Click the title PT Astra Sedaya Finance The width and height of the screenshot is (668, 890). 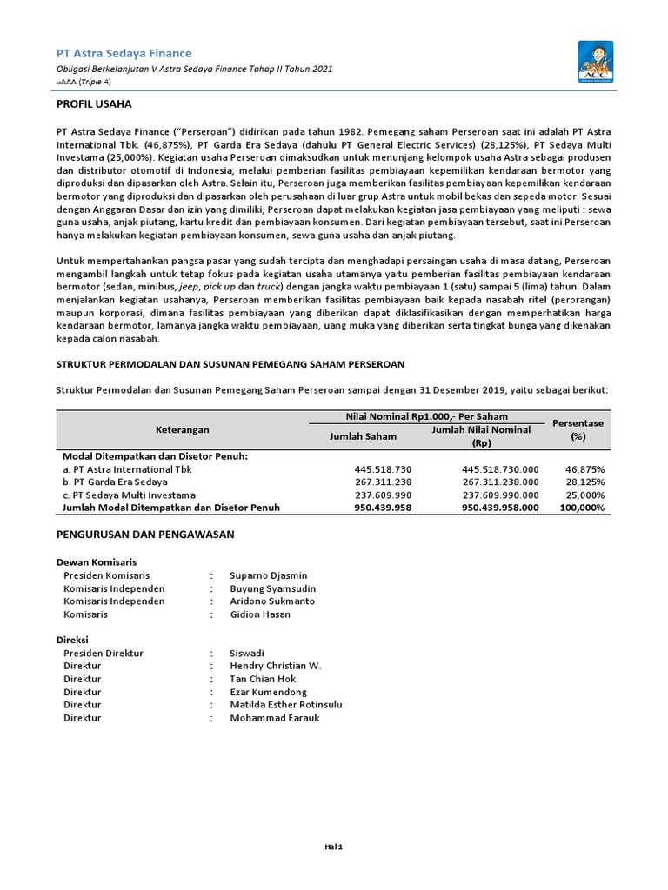124,53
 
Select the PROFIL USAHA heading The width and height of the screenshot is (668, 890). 94,104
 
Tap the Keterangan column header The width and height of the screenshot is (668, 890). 182,429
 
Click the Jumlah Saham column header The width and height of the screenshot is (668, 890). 363,436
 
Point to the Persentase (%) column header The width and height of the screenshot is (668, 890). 578,429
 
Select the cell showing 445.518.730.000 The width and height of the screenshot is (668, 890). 499,469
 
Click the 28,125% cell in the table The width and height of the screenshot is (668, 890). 585,482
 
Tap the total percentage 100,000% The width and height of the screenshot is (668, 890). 582,508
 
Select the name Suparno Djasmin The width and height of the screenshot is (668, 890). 268,575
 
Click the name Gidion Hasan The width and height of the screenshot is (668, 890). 260,614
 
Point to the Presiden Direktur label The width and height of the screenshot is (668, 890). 104,653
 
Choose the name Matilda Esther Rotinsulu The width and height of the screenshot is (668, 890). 286,705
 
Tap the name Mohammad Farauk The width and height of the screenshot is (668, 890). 274,718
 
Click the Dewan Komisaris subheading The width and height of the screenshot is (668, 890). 97,562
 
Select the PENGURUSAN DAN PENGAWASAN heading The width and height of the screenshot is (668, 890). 145,535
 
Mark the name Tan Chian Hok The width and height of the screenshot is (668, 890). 264,679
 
